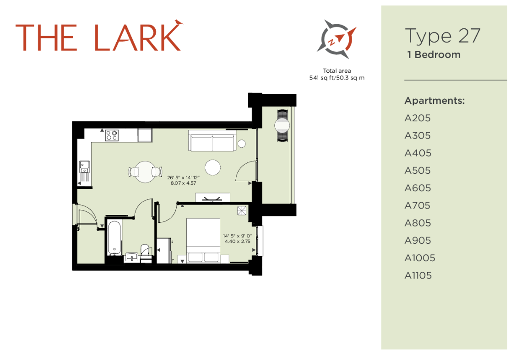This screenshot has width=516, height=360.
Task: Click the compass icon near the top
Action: (337, 39)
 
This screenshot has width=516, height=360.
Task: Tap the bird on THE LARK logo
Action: (178, 22)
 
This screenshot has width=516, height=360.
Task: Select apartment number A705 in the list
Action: (418, 205)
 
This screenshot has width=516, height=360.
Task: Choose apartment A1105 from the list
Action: (418, 275)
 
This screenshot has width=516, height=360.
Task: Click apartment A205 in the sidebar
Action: (418, 118)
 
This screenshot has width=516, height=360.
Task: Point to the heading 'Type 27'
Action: (442, 36)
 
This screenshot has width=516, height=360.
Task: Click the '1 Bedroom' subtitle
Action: (434, 55)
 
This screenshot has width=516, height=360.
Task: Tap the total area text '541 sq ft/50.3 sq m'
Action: (337, 78)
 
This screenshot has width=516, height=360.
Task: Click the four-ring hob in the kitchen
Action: (112, 135)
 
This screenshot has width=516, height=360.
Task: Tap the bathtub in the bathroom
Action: (114, 238)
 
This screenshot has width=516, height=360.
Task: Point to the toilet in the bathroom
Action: (145, 250)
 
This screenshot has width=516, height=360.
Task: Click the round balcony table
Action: (282, 125)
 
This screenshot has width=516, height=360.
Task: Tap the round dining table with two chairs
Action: (145, 172)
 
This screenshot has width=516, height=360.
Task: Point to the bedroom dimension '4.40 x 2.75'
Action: (237, 242)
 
